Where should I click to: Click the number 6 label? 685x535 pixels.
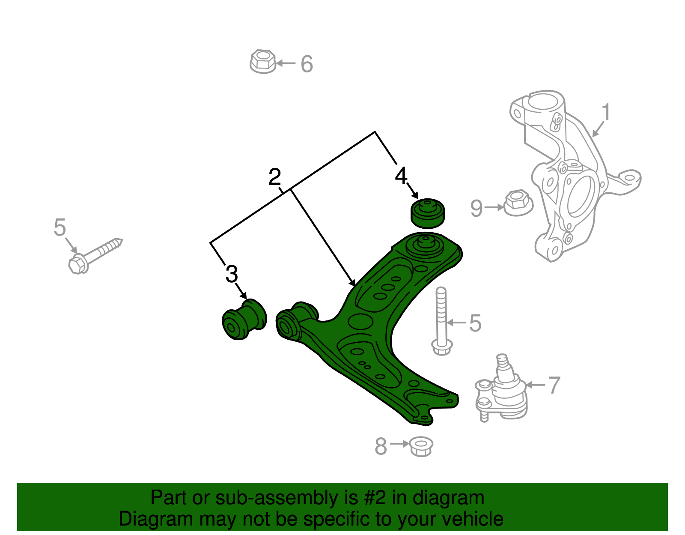307,64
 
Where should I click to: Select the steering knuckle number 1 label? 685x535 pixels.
605,112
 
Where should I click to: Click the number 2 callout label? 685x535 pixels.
274,177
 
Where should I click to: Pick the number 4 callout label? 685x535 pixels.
401,176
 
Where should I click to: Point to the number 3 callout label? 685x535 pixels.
231,274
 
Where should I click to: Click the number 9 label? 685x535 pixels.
476,209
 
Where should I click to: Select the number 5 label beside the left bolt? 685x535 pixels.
60,227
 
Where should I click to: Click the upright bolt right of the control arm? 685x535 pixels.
441,321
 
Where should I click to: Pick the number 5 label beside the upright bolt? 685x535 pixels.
475,323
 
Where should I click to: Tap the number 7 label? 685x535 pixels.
554,385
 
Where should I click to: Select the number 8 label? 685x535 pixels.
380,446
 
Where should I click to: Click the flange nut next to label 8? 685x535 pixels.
421,446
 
